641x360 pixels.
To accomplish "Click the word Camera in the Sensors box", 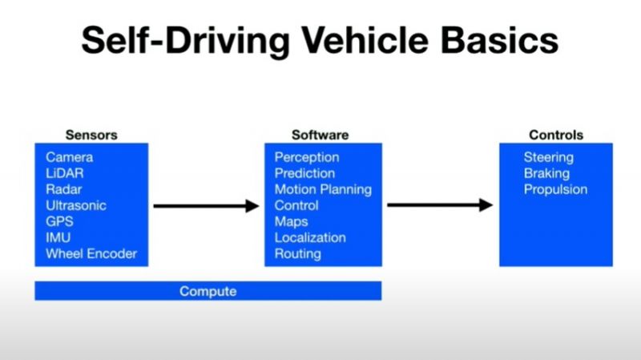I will pyautogui.click(x=69, y=157).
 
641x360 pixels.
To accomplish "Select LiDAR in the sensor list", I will pyautogui.click(x=64, y=173).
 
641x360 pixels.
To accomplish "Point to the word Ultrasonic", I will pyautogui.click(x=75, y=205).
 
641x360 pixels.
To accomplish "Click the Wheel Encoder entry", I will pyautogui.click(x=91, y=254).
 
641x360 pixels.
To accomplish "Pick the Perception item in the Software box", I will pyautogui.click(x=307, y=157).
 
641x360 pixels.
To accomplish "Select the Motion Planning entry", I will pyautogui.click(x=323, y=189).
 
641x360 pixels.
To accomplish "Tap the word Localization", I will pyautogui.click(x=310, y=237).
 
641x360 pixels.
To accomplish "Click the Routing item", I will pyautogui.click(x=297, y=254).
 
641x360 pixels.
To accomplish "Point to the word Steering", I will pyautogui.click(x=549, y=157).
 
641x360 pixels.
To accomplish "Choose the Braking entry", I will pyautogui.click(x=546, y=173).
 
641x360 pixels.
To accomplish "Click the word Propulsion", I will pyautogui.click(x=555, y=189).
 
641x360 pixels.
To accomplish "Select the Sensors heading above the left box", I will pyautogui.click(x=91, y=136).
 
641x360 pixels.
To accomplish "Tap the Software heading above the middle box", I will pyautogui.click(x=320, y=136).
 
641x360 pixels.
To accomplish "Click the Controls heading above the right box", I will pyautogui.click(x=556, y=136).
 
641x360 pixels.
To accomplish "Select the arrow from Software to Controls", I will pyautogui.click(x=440, y=205).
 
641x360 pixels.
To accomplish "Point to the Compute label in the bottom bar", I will pyautogui.click(x=208, y=291).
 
